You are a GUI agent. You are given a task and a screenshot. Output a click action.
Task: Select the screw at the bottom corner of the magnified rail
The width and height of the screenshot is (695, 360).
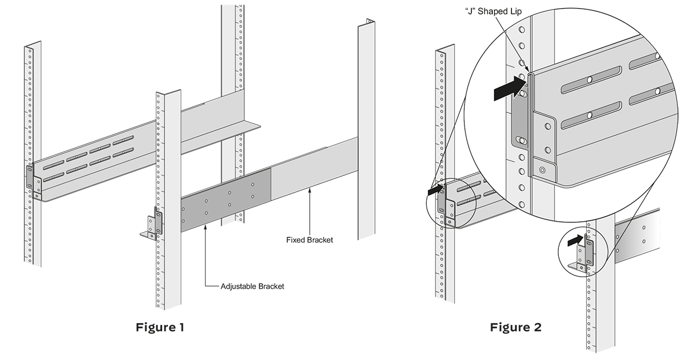(542, 170)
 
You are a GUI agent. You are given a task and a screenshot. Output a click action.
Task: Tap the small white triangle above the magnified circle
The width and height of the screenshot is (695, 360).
(495, 24)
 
